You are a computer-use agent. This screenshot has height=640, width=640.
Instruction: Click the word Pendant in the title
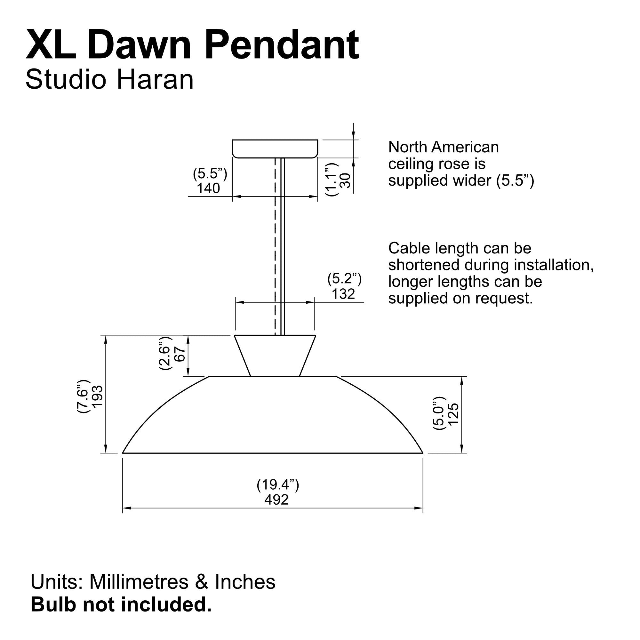pyautogui.click(x=282, y=45)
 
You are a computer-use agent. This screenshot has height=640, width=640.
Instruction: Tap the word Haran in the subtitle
pyautogui.click(x=155, y=79)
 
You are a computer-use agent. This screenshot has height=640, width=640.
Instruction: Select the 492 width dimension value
pyautogui.click(x=276, y=500)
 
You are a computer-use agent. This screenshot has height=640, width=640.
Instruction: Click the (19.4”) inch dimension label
pyautogui.click(x=277, y=484)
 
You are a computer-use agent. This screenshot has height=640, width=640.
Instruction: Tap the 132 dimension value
pyautogui.click(x=343, y=294)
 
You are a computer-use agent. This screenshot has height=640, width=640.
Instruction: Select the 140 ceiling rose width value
pyautogui.click(x=208, y=188)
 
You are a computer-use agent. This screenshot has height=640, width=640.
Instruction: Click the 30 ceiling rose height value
pyautogui.click(x=346, y=180)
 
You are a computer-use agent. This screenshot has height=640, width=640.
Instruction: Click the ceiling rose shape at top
pyautogui.click(x=275, y=148)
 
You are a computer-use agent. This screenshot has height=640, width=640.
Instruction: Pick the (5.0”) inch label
pyautogui.click(x=438, y=413)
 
